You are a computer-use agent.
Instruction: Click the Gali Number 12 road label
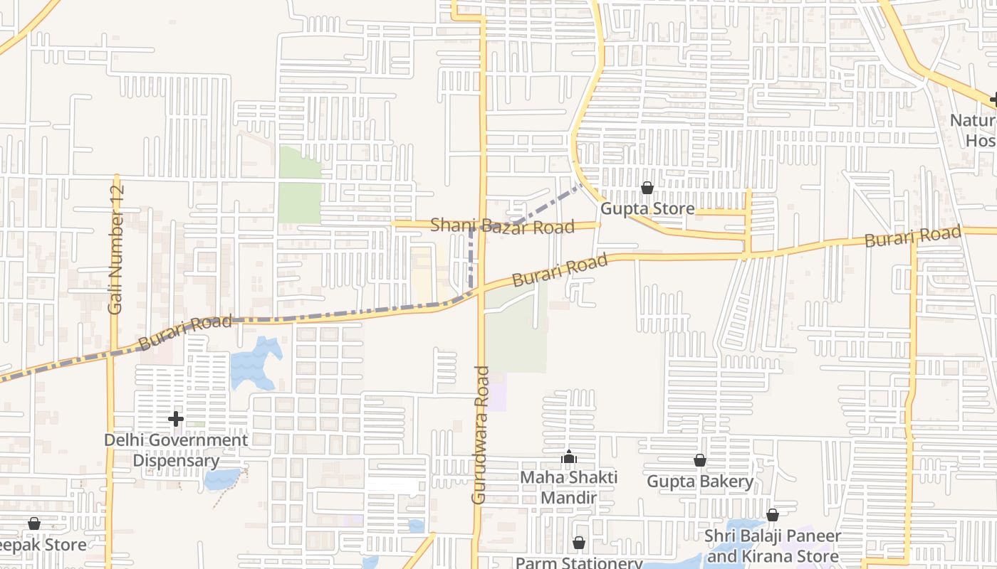click(116, 250)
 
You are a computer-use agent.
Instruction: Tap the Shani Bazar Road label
click(502, 226)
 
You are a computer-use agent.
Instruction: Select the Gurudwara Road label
click(481, 435)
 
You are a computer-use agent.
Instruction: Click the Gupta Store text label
click(647, 208)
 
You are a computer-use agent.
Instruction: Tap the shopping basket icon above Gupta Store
click(647, 188)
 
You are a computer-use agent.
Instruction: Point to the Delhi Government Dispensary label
click(176, 450)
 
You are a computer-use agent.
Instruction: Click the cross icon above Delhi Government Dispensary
click(176, 419)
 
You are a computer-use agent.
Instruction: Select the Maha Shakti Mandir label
click(568, 486)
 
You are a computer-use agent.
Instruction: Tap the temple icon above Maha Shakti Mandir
click(568, 457)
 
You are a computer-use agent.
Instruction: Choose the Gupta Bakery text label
click(699, 482)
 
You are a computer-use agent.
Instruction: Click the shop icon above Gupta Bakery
click(699, 461)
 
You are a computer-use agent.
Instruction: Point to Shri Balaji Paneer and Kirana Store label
click(773, 546)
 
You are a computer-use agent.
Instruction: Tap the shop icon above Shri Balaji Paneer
click(773, 515)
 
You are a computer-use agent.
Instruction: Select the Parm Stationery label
click(579, 563)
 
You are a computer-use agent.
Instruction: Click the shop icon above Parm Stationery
click(579, 543)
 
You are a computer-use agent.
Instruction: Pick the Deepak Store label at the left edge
click(43, 545)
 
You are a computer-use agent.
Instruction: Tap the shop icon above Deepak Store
click(33, 524)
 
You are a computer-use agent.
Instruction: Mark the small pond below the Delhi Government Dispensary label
click(221, 479)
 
